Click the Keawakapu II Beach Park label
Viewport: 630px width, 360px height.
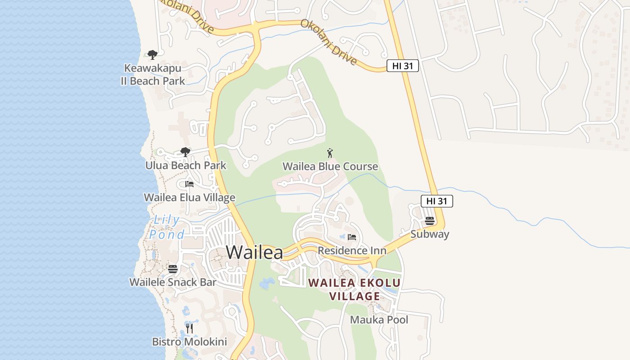tap(153, 75)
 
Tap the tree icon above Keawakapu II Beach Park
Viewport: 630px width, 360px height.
tap(153, 55)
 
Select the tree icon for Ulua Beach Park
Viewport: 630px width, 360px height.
tap(185, 152)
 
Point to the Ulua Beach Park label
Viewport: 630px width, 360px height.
tap(186, 166)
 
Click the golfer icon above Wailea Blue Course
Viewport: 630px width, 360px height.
tap(330, 153)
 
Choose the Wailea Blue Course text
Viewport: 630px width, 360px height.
tap(330, 166)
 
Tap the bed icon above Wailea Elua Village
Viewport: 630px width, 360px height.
tap(189, 184)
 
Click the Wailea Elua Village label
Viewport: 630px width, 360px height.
tap(189, 198)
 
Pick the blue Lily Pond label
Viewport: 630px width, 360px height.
tap(167, 227)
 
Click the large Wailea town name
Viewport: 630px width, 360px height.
tap(255, 252)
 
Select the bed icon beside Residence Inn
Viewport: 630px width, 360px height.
tap(352, 237)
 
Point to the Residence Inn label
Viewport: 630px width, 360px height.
tap(352, 251)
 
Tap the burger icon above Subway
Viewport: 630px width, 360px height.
tap(430, 221)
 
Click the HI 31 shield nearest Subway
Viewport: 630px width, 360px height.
tap(436, 201)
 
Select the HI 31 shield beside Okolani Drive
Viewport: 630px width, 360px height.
tap(403, 66)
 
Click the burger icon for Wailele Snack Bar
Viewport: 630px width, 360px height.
tap(173, 269)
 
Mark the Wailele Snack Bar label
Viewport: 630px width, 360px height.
tap(173, 283)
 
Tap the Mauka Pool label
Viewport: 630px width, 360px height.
tap(379, 320)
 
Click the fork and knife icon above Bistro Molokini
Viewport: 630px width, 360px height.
tap(189, 328)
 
